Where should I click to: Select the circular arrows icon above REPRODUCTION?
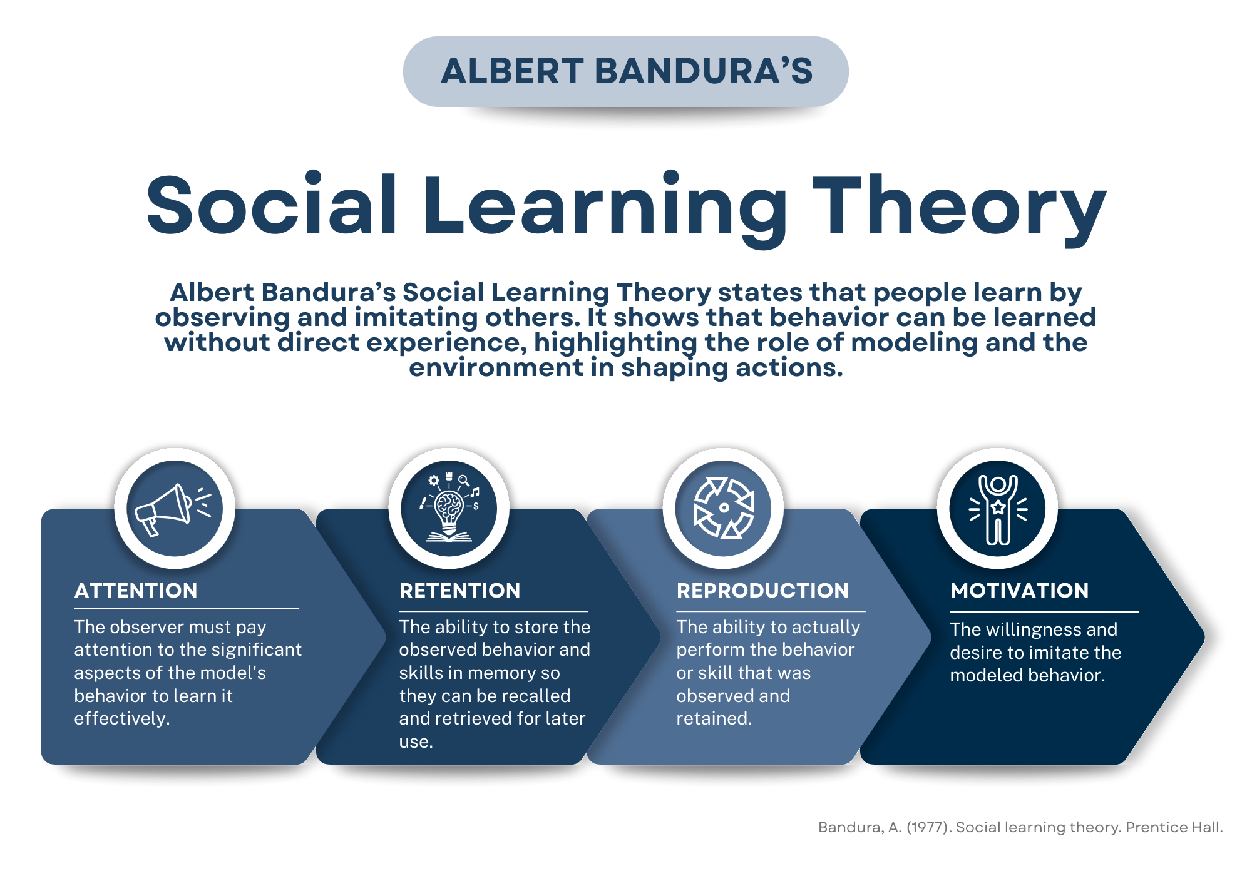(724, 509)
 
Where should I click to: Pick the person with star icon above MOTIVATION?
(998, 509)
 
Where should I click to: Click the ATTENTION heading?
(136, 591)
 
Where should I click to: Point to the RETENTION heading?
(459, 591)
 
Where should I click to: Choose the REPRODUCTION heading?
(762, 591)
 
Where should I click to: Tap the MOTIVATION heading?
(1019, 591)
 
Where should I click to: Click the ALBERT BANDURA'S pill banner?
(626, 71)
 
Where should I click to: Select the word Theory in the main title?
(959, 206)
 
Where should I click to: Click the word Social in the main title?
(272, 206)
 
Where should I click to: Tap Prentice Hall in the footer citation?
(1173, 827)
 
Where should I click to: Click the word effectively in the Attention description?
(121, 718)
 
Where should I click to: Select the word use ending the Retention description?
(415, 742)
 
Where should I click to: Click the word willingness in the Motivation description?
(1033, 629)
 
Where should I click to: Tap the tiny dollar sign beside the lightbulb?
(476, 506)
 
